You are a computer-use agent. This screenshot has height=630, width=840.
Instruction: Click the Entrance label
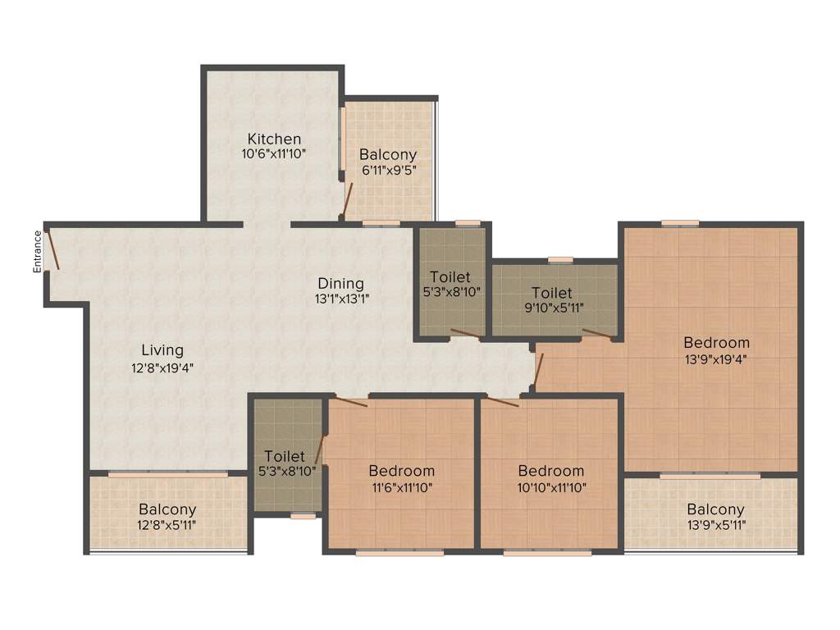[37, 251]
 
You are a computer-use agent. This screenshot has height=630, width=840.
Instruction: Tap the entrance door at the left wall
[52, 250]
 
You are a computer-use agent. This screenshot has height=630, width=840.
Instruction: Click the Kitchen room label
[275, 139]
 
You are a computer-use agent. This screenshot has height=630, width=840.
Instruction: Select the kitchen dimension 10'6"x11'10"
[275, 153]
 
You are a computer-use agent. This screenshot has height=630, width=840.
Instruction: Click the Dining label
[341, 284]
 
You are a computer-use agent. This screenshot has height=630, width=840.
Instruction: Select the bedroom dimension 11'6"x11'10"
[401, 486]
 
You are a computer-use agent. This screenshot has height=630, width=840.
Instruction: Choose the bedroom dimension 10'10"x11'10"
[550, 486]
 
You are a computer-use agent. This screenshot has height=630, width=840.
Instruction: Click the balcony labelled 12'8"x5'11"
[167, 518]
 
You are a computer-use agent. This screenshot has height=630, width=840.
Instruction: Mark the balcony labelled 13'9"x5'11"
[716, 518]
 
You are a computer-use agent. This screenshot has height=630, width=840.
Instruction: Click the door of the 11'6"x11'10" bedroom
[351, 401]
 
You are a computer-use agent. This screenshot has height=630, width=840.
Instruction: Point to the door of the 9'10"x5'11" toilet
[596, 334]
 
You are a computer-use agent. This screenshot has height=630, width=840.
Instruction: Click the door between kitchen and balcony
[348, 199]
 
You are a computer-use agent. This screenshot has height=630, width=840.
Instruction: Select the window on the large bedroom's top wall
[680, 222]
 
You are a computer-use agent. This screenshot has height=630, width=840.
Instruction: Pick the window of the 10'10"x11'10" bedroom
[547, 553]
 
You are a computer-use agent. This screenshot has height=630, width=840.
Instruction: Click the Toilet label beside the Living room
[285, 456]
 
